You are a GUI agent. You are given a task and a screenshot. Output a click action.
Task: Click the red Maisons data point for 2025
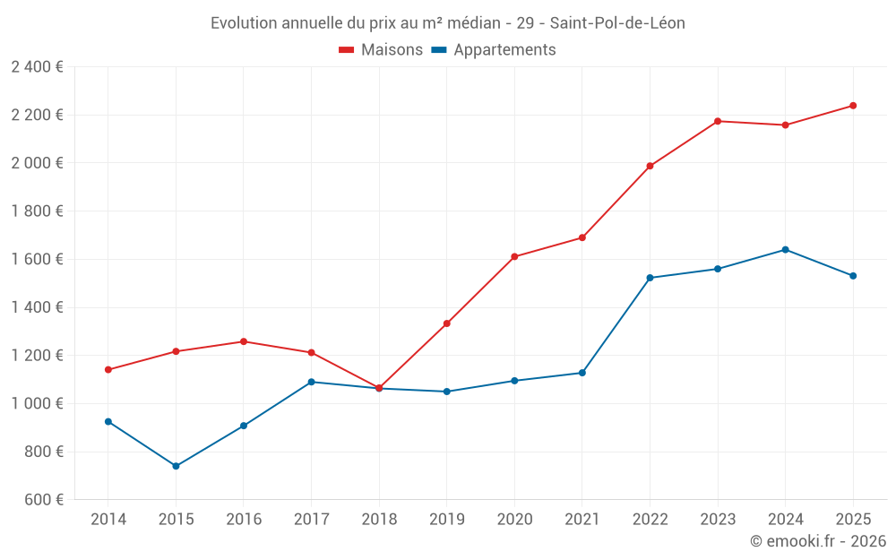[853, 106]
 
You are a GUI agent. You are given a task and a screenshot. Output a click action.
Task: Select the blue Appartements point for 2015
[176, 466]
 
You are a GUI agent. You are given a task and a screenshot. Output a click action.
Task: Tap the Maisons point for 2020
[514, 256]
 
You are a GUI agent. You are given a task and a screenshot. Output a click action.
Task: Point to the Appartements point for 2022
[650, 278]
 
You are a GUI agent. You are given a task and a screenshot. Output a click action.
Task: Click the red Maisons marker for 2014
[108, 369]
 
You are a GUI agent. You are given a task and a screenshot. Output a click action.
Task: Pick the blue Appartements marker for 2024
[785, 249]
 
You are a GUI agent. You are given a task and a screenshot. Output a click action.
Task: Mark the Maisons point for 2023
[718, 121]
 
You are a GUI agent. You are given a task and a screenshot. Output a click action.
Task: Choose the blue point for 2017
[311, 382]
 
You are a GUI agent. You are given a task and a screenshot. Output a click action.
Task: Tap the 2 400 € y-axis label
[37, 66]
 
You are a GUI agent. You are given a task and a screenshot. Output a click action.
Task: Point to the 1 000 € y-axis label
[37, 403]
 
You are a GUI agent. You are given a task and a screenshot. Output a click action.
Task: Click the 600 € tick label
[42, 499]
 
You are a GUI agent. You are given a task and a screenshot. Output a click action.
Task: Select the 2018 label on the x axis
[379, 519]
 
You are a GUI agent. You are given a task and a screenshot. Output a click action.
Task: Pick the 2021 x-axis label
[582, 519]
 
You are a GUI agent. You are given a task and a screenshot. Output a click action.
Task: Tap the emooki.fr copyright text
[817, 541]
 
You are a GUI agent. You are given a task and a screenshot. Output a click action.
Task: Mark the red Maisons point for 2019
[446, 323]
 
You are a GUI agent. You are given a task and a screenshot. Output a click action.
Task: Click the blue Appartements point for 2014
[108, 421]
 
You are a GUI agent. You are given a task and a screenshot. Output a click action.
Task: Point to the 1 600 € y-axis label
[37, 259]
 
